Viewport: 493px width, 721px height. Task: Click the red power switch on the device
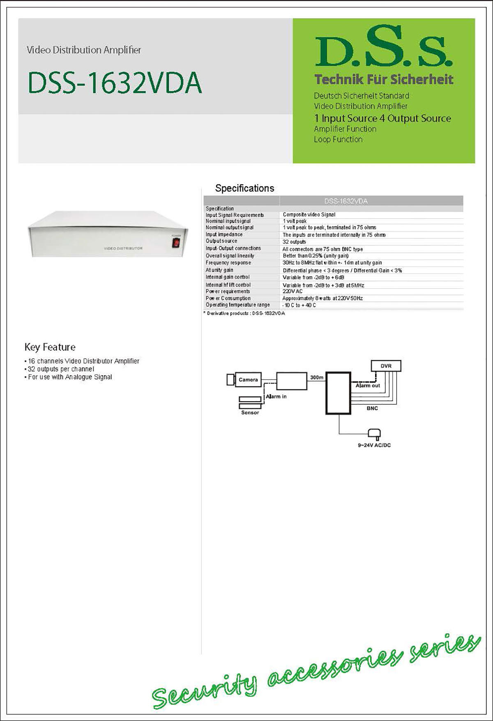176,243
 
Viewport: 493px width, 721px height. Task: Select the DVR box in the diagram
386,366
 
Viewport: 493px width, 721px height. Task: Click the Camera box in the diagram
248,380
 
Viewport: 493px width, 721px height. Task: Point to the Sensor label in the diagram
250,413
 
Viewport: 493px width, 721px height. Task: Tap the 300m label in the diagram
316,377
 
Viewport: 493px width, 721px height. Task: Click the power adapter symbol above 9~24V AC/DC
374,433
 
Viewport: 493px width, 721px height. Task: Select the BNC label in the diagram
372,409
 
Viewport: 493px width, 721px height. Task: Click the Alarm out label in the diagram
368,386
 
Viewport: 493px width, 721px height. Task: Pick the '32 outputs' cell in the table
294,242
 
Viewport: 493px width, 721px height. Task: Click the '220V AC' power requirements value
293,292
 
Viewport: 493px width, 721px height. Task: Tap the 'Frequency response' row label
228,263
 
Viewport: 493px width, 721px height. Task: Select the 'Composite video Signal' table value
309,214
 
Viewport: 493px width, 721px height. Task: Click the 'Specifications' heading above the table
244,188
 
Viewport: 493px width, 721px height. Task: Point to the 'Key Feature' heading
50,347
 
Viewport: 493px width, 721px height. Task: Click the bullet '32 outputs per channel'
61,369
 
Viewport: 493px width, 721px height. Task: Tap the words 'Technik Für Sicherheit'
384,80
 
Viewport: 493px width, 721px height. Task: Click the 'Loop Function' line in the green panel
338,140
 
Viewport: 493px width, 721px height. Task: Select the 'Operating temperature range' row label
238,305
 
